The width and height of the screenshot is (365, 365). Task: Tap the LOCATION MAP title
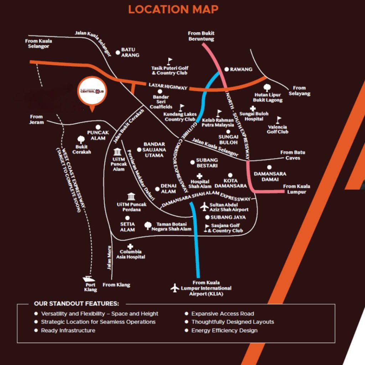tap(173, 10)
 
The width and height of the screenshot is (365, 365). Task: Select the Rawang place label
tap(241, 70)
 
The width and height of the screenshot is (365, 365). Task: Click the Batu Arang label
tap(130, 52)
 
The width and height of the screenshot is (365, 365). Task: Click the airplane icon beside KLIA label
tap(175, 288)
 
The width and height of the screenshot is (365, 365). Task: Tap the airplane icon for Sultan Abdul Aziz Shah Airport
tap(204, 206)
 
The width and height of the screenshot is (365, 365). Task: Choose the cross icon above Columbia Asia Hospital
tap(130, 246)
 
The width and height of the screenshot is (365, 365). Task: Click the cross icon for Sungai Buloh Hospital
tap(253, 108)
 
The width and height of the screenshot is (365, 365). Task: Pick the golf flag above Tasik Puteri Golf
tap(170, 61)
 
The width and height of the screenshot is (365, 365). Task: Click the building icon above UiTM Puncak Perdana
tap(131, 196)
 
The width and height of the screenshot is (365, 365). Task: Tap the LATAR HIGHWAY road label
tap(168, 86)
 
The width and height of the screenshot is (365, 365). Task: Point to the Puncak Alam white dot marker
tap(98, 127)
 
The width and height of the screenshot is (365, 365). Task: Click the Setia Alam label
tap(127, 227)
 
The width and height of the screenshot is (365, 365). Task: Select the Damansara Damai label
tap(270, 176)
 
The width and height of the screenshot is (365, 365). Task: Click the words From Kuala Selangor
tap(38, 44)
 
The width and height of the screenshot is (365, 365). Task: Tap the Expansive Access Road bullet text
tap(223, 314)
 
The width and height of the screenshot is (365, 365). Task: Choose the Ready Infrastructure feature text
tap(68, 330)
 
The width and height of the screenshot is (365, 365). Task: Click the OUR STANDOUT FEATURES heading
tap(77, 304)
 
